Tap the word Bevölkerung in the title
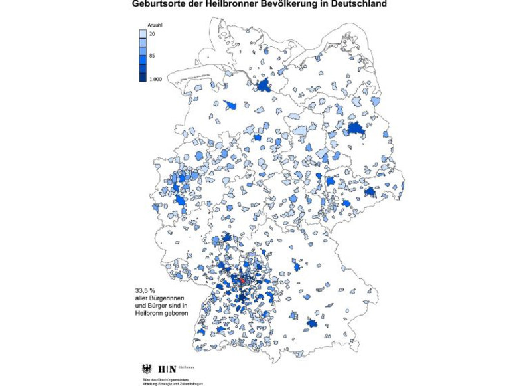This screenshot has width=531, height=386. (286, 4)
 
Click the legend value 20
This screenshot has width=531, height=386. (152, 33)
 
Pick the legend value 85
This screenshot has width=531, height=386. (152, 56)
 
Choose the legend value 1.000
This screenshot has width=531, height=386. (155, 79)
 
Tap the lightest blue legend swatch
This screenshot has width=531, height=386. (143, 33)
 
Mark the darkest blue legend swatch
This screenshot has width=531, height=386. (143, 78)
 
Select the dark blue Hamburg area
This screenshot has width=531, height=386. (265, 84)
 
